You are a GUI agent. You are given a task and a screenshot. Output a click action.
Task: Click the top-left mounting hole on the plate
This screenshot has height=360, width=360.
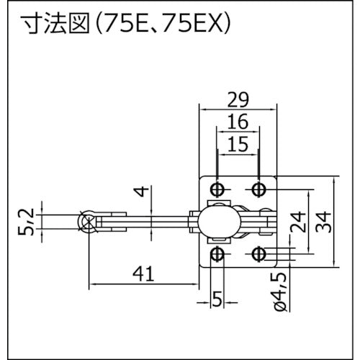(x=217, y=189)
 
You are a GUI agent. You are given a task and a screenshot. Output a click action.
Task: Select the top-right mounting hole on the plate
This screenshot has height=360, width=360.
(x=259, y=189)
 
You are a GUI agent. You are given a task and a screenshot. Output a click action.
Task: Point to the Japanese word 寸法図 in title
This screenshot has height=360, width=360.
(x=45, y=26)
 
